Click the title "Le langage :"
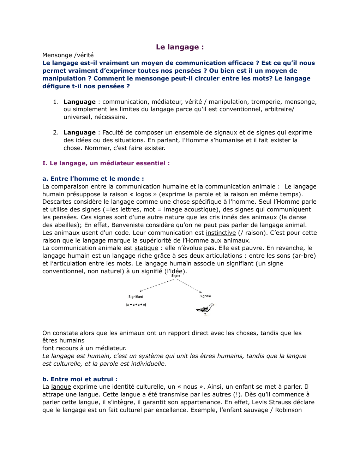click(x=180, y=47)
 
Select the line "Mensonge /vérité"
click(x=68, y=55)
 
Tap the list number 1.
click(x=55, y=102)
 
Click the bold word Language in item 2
click(x=79, y=133)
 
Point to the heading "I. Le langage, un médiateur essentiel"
click(x=106, y=163)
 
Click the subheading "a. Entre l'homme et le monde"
click(x=93, y=179)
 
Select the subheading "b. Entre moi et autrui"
click(x=80, y=379)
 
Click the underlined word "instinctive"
click(x=221, y=233)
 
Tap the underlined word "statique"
click(x=146, y=248)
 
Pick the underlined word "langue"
click(x=61, y=387)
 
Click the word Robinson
click(x=288, y=410)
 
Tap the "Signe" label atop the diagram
click(x=175, y=276)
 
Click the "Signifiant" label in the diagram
click(x=136, y=297)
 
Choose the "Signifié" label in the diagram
click(x=205, y=296)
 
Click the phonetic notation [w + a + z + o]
click(x=136, y=305)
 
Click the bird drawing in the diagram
click(x=205, y=310)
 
